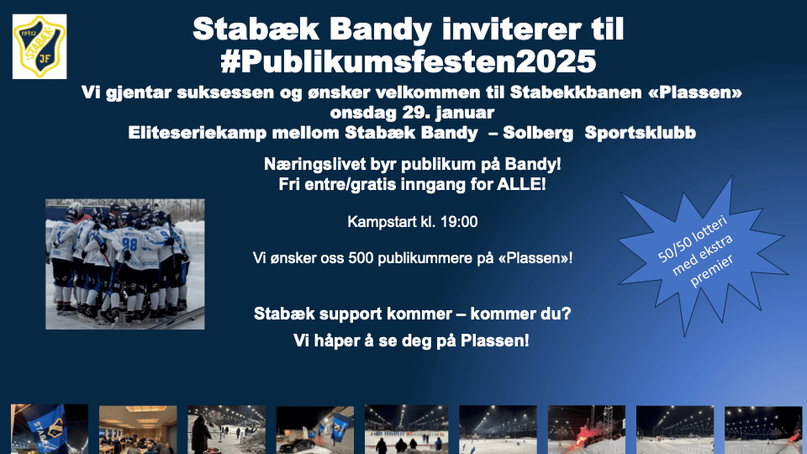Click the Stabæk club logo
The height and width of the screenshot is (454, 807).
40,46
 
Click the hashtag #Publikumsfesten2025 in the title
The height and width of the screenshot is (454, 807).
409,61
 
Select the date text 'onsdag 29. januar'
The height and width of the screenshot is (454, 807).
412,112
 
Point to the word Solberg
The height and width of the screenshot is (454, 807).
538,133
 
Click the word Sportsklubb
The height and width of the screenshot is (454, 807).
641,133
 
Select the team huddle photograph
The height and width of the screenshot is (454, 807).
125,264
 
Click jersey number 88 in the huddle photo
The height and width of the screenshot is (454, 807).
129,244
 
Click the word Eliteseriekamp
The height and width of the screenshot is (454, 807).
197,133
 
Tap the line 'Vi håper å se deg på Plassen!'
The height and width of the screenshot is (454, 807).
411,340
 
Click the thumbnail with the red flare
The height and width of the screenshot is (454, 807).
586,430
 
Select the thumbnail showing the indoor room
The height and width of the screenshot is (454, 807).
138,430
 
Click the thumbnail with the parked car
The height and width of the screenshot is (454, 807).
315,430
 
